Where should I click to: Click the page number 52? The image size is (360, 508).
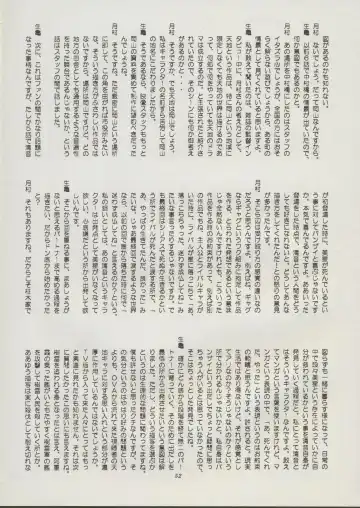(x=181, y=490)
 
